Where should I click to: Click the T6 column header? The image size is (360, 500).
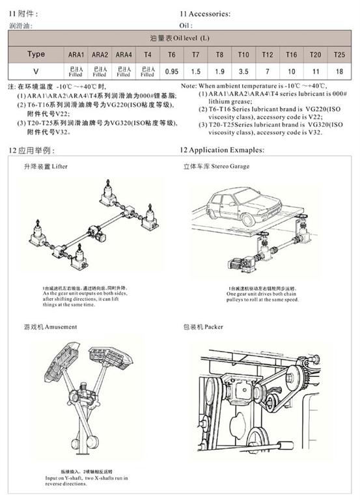(172, 55)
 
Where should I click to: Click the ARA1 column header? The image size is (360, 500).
(76, 55)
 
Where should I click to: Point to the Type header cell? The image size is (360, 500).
(36, 55)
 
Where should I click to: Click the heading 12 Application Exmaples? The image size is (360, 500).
(222, 150)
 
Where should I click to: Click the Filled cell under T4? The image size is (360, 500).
(148, 71)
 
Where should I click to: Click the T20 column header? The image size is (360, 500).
(315, 55)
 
